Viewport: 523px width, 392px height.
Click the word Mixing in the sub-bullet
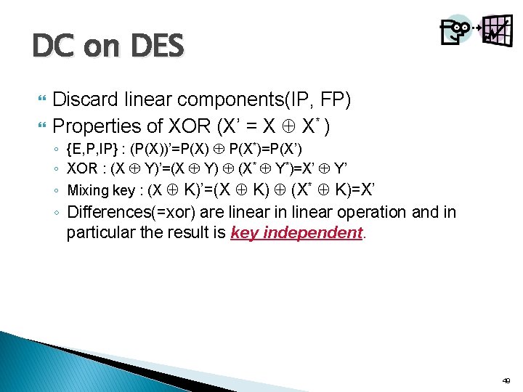coord(86,191)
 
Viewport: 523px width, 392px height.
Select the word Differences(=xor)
coord(129,212)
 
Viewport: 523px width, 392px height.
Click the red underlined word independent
coord(314,233)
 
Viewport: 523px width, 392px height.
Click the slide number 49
coord(506,380)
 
